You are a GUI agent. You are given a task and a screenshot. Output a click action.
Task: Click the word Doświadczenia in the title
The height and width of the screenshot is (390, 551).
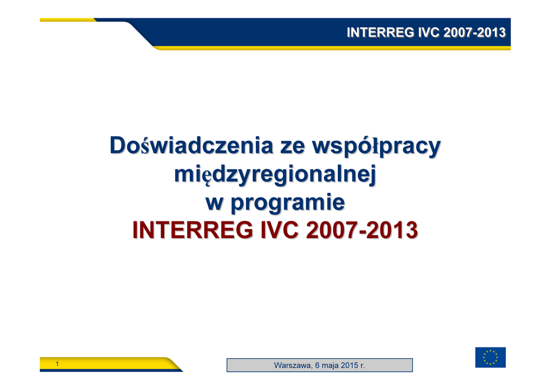tap(192, 145)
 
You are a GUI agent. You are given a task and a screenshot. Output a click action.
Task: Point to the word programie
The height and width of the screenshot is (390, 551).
tap(288, 204)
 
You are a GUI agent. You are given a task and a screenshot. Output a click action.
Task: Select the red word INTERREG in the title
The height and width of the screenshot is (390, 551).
tap(193, 231)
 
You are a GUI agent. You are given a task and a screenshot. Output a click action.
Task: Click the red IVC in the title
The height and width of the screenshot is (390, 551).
tap(280, 231)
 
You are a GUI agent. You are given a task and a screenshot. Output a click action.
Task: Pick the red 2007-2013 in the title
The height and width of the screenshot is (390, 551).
tap(362, 231)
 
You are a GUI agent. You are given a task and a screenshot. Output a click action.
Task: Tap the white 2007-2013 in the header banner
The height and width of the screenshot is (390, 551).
tap(475, 32)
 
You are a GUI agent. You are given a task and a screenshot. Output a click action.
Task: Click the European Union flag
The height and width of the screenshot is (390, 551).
tap(490, 357)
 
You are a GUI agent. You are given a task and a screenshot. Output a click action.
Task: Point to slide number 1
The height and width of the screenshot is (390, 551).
tap(57, 364)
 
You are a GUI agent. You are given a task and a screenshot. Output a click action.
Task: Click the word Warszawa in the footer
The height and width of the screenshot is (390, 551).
tap(292, 365)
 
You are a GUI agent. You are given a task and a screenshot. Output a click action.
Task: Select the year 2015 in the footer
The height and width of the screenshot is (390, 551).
tap(349, 365)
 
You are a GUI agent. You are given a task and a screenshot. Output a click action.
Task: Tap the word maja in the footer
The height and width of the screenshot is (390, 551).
tap(330, 366)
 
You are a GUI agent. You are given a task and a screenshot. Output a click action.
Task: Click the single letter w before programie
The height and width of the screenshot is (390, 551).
tap(214, 203)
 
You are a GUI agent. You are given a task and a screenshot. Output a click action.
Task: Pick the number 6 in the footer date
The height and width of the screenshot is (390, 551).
tap(317, 365)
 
